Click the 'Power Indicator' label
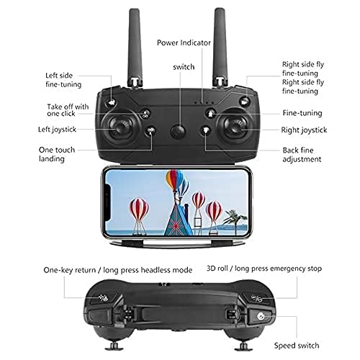[184, 42]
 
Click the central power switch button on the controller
[179, 132]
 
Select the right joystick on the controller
[235, 131]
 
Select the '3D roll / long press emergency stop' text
[265, 268]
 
